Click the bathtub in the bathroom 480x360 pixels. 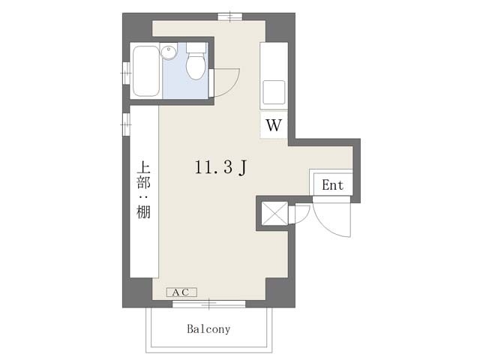tap(146, 71)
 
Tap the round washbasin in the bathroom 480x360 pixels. tap(169, 52)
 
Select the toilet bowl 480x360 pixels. tap(195, 66)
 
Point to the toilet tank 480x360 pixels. tap(196, 48)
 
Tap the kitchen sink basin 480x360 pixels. tap(274, 91)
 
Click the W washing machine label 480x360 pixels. tap(273, 125)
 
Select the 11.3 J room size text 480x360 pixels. tap(220, 167)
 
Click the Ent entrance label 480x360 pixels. tap(333, 185)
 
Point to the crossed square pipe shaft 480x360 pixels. tap(275, 213)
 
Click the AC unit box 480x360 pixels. tap(181, 292)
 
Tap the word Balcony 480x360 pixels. tap(208, 329)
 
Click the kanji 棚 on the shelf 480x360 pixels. tap(143, 211)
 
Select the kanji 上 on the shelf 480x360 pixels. tap(143, 167)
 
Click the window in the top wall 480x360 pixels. tap(230, 16)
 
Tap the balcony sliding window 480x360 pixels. tap(208, 304)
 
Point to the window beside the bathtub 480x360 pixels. tap(126, 73)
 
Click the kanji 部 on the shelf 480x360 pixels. tap(143, 182)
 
